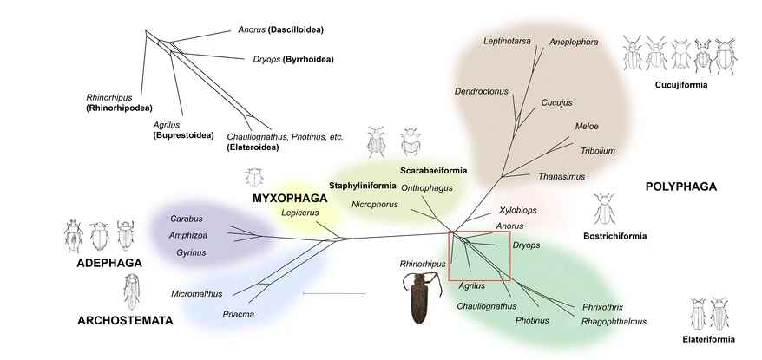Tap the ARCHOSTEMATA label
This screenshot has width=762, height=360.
point(125,321)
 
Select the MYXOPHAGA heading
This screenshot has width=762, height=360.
point(285,198)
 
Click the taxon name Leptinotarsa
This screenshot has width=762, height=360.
point(508,41)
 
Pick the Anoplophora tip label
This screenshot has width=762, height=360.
point(575,41)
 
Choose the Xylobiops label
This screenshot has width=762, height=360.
point(518,211)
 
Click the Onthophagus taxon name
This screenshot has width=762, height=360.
point(424,187)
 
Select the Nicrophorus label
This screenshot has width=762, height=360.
point(375,205)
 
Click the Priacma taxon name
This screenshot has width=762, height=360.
point(239,314)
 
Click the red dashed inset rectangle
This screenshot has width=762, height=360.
point(480,255)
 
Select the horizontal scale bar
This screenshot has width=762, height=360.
point(334,295)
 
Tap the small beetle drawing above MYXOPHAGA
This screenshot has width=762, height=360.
point(255,178)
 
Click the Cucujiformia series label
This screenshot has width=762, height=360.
point(681,85)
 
